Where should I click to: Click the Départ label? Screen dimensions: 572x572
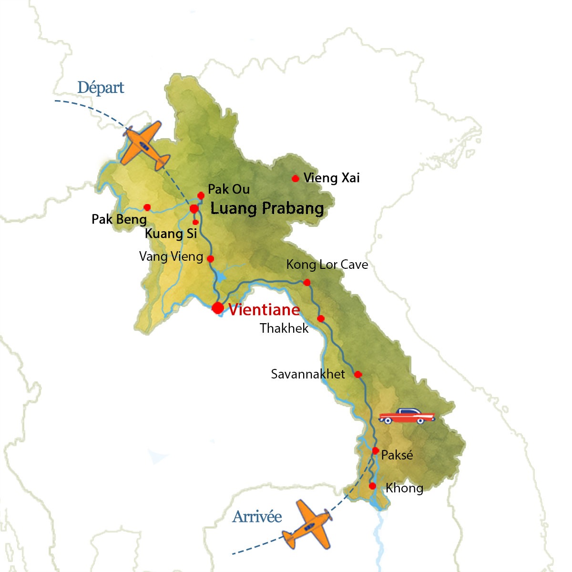click(101, 88)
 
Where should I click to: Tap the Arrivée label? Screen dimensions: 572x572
click(257, 517)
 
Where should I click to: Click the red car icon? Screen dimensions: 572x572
click(406, 416)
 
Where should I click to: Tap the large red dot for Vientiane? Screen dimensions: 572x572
click(218, 308)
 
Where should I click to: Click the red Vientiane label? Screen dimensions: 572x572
click(264, 310)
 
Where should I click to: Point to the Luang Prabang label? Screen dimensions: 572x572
click(267, 208)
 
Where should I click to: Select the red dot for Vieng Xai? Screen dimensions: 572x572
click(295, 178)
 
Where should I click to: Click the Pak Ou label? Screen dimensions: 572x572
click(229, 189)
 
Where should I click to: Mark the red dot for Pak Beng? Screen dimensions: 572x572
click(147, 207)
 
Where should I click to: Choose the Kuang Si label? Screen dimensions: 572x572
click(171, 234)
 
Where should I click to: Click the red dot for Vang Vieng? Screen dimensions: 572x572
click(210, 259)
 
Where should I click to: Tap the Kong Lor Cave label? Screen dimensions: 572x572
click(327, 265)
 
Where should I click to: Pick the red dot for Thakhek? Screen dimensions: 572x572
click(321, 319)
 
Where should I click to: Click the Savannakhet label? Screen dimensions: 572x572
click(308, 374)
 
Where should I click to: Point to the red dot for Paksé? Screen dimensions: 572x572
click(376, 450)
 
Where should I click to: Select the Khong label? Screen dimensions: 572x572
click(404, 488)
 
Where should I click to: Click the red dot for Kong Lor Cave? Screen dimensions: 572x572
click(307, 283)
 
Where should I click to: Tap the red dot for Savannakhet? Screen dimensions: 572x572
click(358, 375)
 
